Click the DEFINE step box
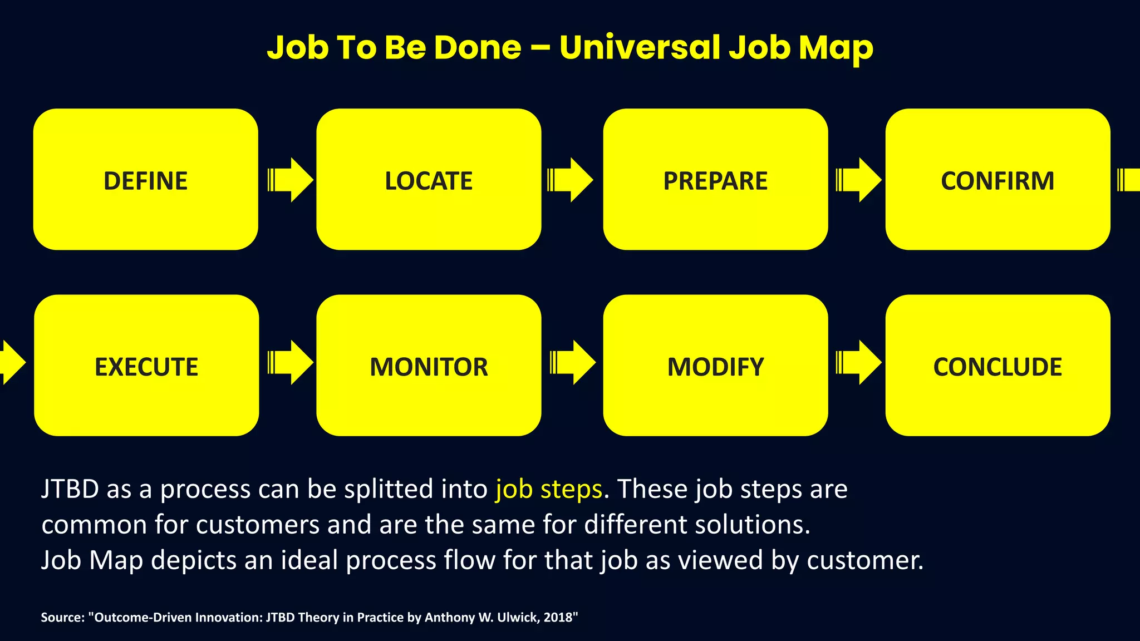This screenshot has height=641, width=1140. pos(145,179)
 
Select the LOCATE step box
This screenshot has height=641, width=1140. pos(429,179)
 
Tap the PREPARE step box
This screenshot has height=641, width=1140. pos(715,179)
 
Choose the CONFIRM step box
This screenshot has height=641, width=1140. pos(997,179)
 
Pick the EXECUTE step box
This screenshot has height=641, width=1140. pos(146,365)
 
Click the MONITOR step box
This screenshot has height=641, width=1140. pos(429,365)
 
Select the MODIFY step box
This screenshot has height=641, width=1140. pos(715,365)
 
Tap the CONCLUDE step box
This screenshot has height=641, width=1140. pos(997,365)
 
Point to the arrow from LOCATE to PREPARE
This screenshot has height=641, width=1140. pos(570,180)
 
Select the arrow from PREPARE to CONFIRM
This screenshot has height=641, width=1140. pos(858,180)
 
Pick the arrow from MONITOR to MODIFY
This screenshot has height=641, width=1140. pos(572,362)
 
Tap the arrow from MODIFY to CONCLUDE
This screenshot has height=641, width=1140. pos(858,362)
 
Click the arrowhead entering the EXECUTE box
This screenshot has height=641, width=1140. pos(11,362)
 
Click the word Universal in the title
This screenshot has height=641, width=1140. pos(640,47)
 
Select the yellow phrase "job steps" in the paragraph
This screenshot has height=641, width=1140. pos(549,489)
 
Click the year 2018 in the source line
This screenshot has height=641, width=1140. pos(558,617)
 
